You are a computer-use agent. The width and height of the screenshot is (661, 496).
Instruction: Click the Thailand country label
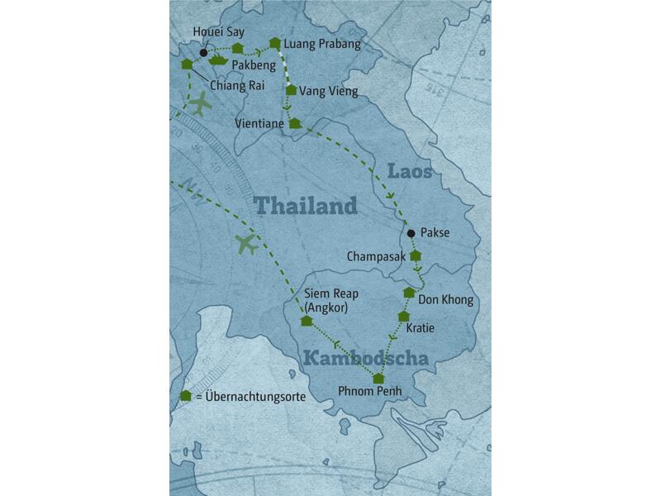[x=305, y=205]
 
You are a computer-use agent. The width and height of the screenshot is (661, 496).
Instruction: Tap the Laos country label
[x=409, y=173]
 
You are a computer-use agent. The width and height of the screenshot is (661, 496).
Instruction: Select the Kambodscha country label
[x=365, y=359]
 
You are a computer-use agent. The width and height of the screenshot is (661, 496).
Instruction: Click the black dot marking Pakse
[x=411, y=233]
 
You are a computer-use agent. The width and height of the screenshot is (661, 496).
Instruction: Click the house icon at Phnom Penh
[x=378, y=379]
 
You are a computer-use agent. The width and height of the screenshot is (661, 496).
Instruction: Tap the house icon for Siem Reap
[x=307, y=321]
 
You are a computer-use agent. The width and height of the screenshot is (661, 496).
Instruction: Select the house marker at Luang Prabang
[x=274, y=41]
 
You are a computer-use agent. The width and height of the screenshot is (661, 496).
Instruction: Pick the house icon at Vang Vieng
[x=290, y=89]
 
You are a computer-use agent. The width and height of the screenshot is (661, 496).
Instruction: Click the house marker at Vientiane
[x=294, y=123]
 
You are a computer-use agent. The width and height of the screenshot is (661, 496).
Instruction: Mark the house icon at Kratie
[x=403, y=316]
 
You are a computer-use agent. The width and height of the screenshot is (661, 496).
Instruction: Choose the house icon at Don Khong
[x=408, y=293]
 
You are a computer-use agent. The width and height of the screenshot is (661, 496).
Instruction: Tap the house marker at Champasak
[x=416, y=255]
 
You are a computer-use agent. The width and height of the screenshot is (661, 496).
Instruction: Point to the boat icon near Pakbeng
[x=218, y=60]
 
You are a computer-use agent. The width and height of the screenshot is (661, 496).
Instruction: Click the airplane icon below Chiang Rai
[x=199, y=104]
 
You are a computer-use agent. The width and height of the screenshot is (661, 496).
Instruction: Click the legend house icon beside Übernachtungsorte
[x=186, y=396]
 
